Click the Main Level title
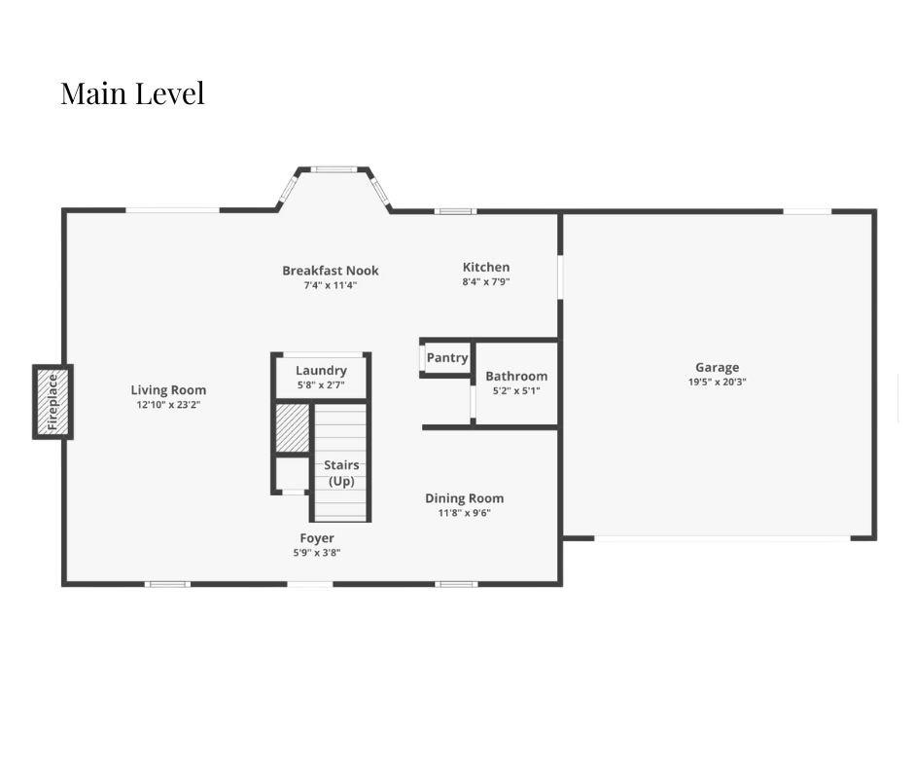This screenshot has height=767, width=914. [x=132, y=93]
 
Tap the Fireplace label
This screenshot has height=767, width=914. [x=53, y=402]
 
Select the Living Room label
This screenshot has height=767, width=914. [x=168, y=390]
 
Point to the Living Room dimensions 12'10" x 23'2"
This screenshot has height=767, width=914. [x=168, y=405]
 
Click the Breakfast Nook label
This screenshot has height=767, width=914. [x=331, y=271]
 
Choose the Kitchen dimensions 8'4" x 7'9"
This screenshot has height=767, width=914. [x=486, y=281]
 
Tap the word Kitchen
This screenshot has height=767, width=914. [x=486, y=267]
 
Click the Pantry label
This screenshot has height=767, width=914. [x=447, y=358]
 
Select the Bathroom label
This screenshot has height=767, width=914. [x=516, y=376]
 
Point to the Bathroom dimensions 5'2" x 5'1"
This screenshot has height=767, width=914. [x=516, y=391]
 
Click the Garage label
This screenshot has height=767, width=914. [x=717, y=367]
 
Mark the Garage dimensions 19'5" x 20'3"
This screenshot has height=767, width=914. [x=717, y=382]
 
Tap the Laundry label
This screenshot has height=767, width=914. [x=321, y=370]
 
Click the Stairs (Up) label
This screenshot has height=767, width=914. [x=341, y=473]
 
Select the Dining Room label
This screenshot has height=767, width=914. [x=464, y=498]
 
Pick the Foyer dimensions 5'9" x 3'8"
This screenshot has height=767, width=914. [x=317, y=553]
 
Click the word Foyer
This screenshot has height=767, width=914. [x=317, y=538]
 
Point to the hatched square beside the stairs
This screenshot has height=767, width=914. [x=292, y=428]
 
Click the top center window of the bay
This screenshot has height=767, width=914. [x=334, y=170]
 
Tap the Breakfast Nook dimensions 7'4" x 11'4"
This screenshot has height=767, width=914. [x=331, y=285]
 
